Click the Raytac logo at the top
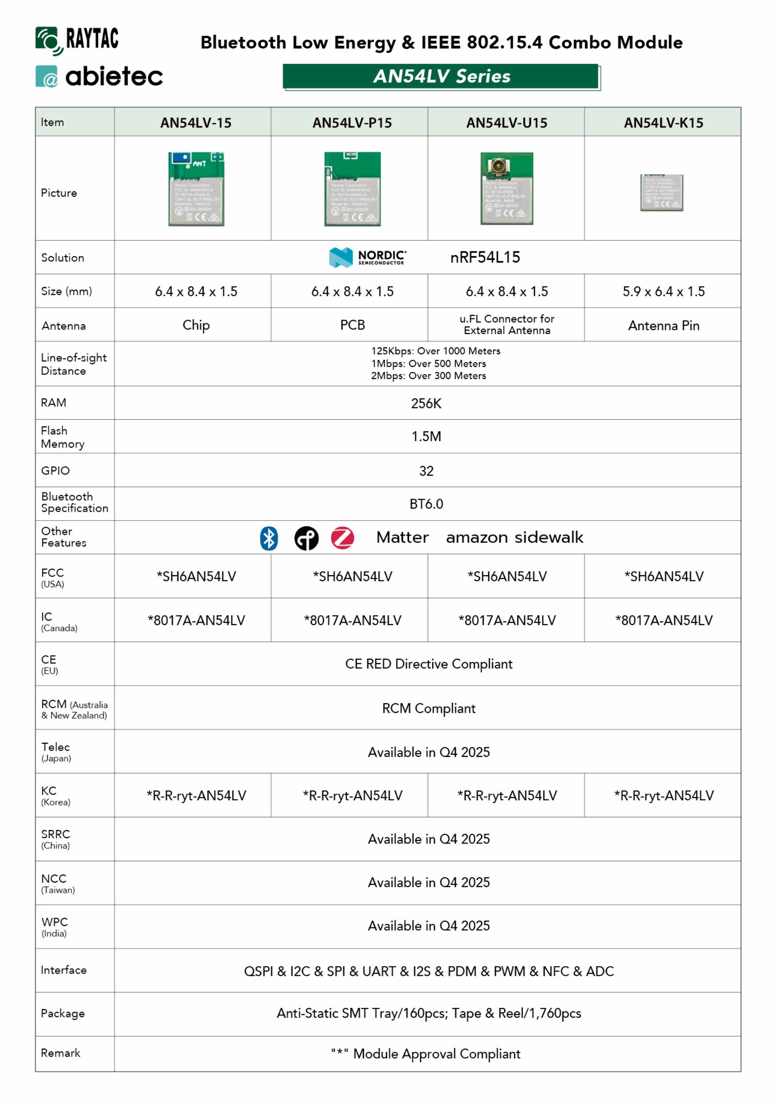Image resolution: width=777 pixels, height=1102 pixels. click(x=77, y=40)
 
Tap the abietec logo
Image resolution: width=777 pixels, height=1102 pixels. click(x=100, y=77)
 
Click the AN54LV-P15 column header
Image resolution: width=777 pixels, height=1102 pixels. click(x=352, y=123)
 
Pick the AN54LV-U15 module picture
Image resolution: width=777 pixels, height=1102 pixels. click(x=506, y=188)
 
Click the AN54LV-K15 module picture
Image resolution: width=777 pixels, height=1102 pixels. click(x=661, y=192)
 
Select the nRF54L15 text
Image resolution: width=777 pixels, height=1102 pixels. click(x=485, y=258)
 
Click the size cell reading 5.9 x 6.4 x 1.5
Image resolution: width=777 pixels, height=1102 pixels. click(x=663, y=291)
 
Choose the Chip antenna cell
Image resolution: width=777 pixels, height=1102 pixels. click(x=196, y=326)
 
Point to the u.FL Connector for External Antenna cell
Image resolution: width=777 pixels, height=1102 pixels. click(x=506, y=325)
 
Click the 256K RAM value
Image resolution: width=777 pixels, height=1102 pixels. click(x=426, y=403)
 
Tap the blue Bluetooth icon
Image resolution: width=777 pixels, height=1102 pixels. click(x=269, y=538)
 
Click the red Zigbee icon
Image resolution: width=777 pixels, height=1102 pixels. click(x=342, y=538)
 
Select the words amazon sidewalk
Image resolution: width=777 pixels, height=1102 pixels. click(x=514, y=537)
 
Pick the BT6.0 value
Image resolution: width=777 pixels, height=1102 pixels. click(x=426, y=504)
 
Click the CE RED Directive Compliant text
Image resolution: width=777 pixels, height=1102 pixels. click(x=429, y=664)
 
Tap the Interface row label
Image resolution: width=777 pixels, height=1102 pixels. click(x=64, y=970)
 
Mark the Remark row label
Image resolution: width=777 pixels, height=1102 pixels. click(x=60, y=1053)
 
